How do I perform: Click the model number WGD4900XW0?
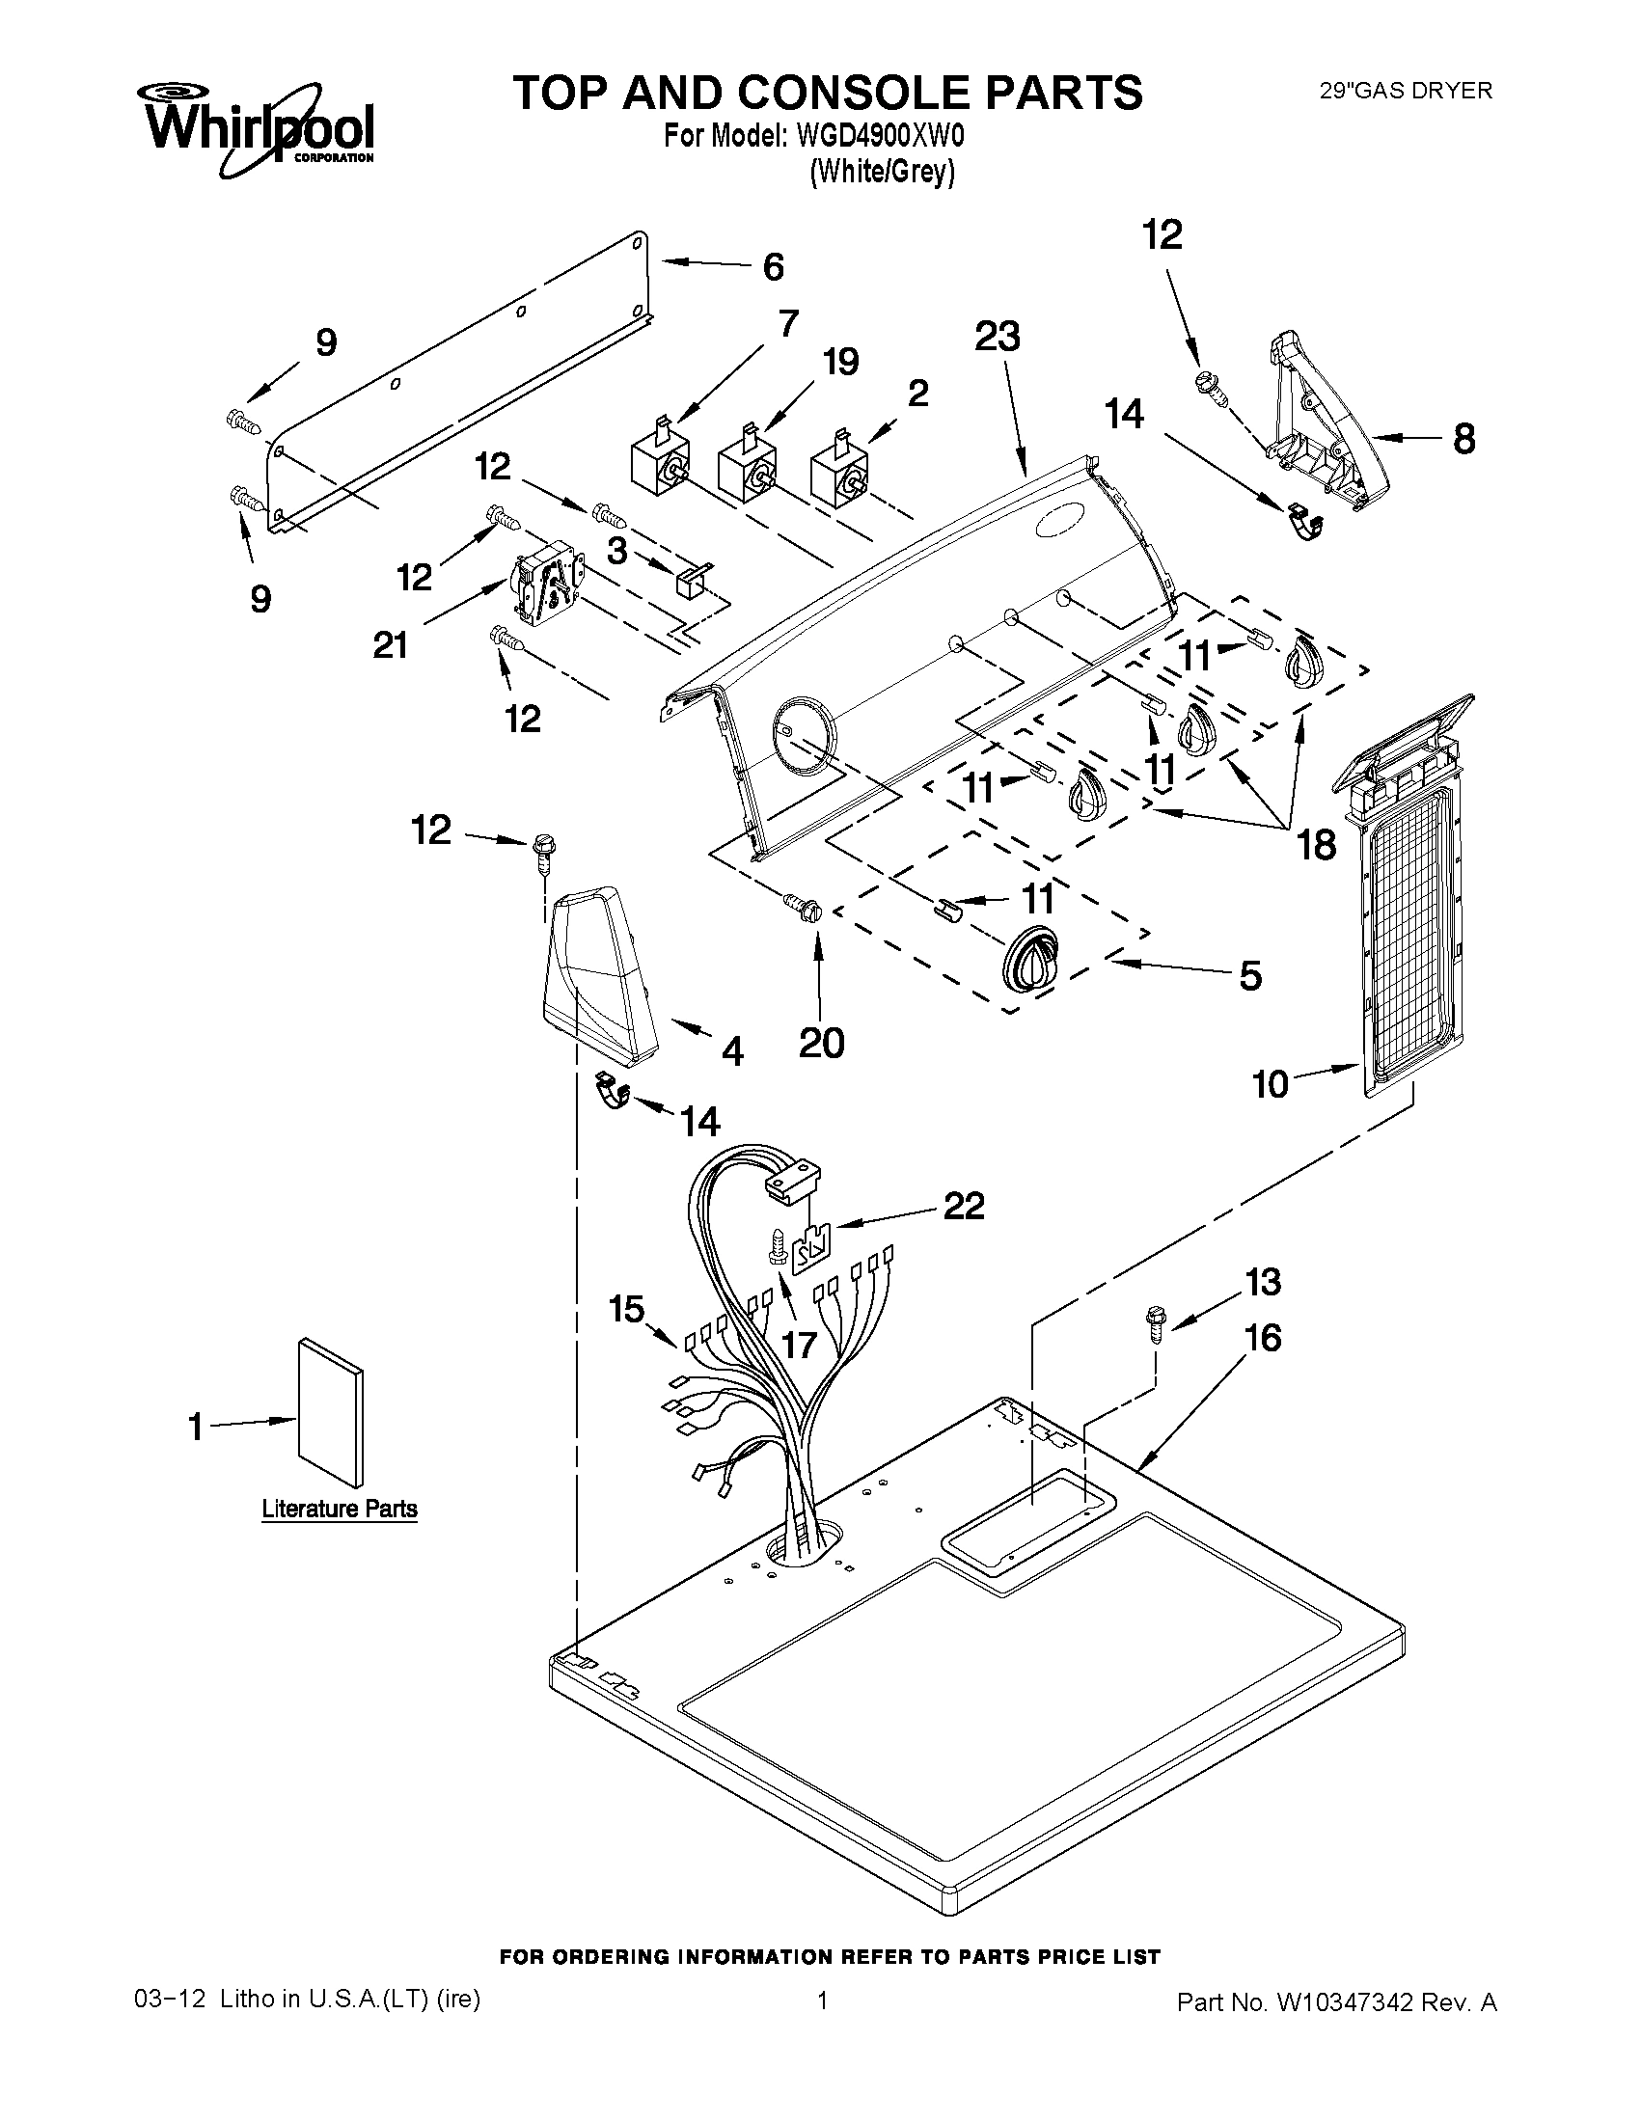point(881,136)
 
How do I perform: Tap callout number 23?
point(998,338)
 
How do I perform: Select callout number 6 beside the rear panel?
point(773,266)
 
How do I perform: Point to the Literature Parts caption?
point(340,1509)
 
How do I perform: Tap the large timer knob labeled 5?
point(1032,958)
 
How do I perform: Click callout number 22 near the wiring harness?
point(963,1206)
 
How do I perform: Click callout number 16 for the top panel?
point(1263,1339)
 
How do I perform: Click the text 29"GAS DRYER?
point(1405,92)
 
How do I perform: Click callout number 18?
point(1316,846)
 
